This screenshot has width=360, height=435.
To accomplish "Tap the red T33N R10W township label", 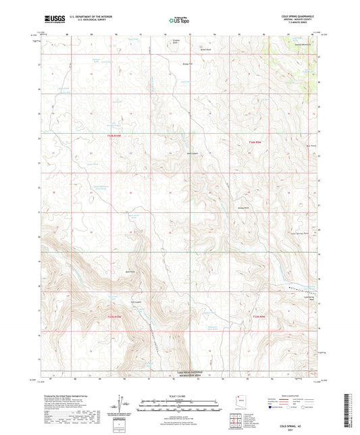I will [x=115, y=315].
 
